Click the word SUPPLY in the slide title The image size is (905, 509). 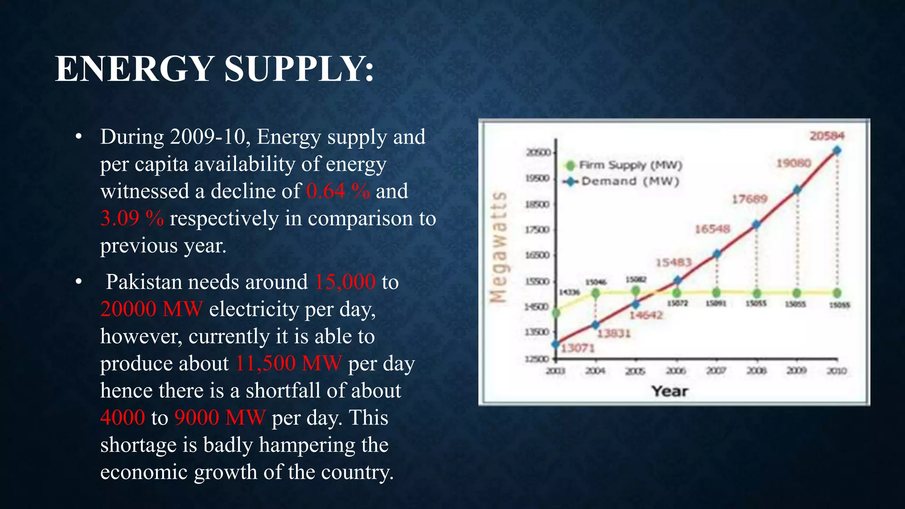click(299, 69)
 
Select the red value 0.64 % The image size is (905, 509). click(338, 191)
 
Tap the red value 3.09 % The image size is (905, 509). click(132, 218)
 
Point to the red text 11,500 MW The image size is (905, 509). click(288, 364)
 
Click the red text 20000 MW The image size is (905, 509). click(151, 309)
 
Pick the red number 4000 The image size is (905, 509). click(122, 418)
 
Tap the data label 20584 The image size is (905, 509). click(827, 136)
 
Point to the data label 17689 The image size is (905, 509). click(749, 199)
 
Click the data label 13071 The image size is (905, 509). click(578, 349)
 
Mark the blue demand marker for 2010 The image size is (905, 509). click(837, 151)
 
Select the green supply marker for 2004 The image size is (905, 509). click(596, 293)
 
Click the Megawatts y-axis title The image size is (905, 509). click(499, 247)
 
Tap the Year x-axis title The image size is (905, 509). click(669, 391)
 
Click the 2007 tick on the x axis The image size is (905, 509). click(716, 371)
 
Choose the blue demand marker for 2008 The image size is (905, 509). click(757, 224)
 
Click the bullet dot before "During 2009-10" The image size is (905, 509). click(79, 137)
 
